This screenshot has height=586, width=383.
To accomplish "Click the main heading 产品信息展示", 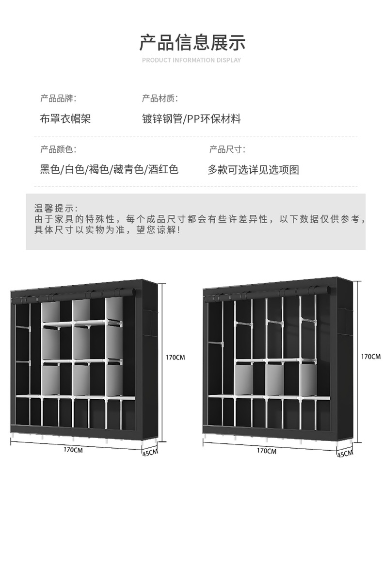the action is (x=192, y=43).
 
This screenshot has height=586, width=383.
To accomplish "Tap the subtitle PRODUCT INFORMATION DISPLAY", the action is (x=191, y=60).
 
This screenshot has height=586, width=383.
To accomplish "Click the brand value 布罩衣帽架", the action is (x=65, y=119).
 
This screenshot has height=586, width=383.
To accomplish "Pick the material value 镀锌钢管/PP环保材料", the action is (x=191, y=119).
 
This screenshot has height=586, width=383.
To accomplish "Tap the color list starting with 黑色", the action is (x=109, y=169).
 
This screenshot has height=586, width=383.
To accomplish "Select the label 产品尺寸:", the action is (x=227, y=149).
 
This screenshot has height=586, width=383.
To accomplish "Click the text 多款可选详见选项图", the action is (x=253, y=170).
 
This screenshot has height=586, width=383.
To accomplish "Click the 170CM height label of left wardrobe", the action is (x=175, y=358).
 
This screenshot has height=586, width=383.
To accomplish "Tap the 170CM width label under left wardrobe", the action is (x=73, y=450).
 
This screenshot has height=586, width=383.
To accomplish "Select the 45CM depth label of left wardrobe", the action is (x=150, y=453).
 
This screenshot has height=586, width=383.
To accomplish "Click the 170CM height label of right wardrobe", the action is (x=370, y=357).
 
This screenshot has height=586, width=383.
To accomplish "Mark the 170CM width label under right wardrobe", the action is (x=267, y=451).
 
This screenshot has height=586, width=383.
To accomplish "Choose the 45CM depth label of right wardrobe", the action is (x=345, y=454).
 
